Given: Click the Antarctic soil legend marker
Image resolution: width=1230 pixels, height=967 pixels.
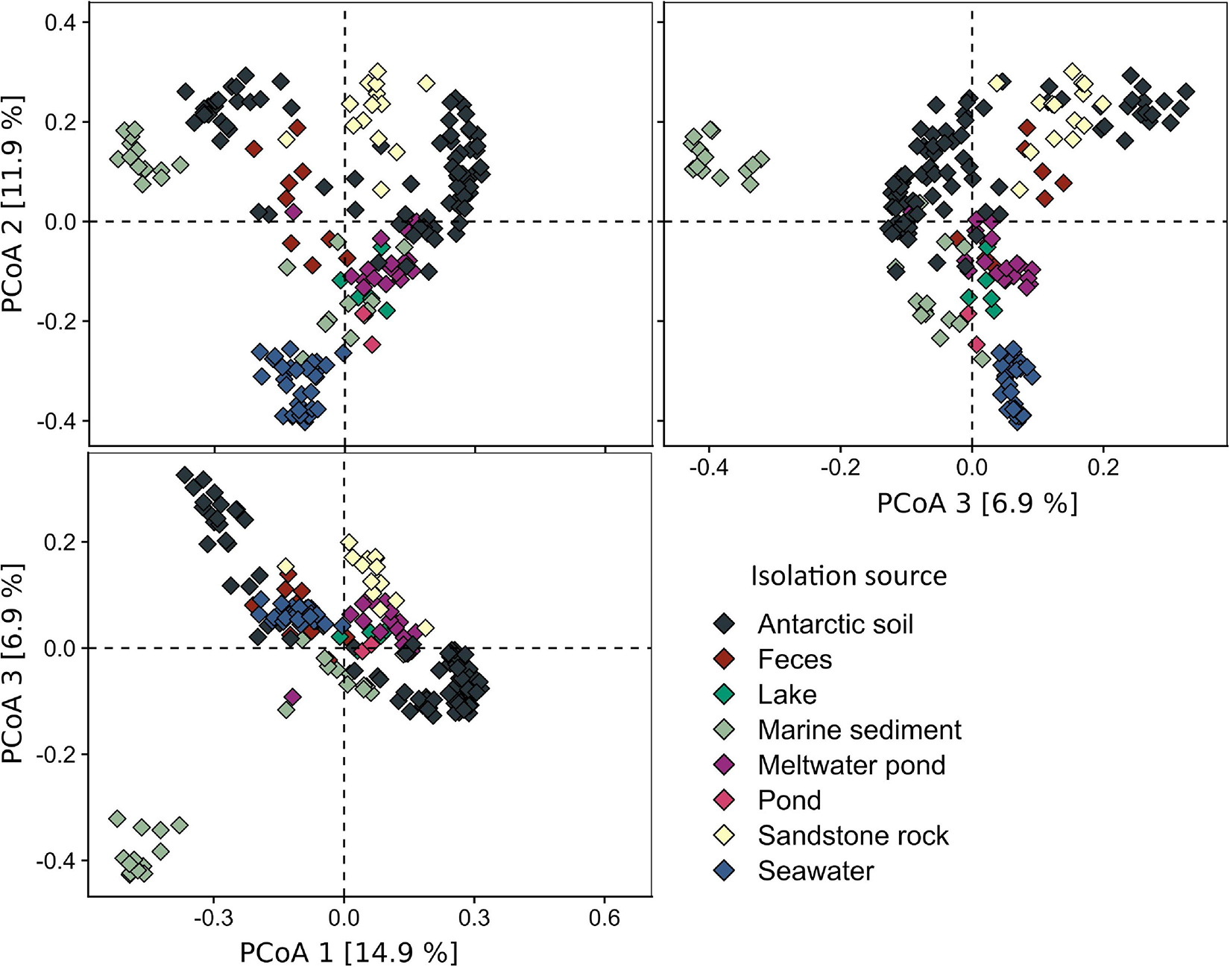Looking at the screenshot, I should point(724,624).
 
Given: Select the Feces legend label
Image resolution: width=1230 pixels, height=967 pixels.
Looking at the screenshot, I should point(795,659).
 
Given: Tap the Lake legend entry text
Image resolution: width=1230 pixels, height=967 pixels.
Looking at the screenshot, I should point(787,694).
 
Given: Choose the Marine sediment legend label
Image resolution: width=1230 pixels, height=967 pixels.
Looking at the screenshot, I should point(860,729).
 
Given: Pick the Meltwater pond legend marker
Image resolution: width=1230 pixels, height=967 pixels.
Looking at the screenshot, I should point(724,764).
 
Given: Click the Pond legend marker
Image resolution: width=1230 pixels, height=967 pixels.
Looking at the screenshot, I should point(724,800).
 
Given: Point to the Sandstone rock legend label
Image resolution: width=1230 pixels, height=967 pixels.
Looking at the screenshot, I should point(853,835).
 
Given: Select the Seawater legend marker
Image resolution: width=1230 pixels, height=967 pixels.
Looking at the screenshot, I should point(724,870).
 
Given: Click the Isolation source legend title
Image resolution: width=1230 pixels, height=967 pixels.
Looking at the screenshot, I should point(848,576).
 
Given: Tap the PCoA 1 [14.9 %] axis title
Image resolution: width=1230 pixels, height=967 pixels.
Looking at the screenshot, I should point(348,952).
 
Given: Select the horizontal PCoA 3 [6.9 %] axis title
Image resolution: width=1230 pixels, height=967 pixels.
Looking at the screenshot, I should point(977,504).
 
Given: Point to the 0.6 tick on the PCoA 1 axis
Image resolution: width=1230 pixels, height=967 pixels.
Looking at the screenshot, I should point(604,917).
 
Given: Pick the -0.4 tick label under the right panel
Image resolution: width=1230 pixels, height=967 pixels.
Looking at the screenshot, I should point(708,469).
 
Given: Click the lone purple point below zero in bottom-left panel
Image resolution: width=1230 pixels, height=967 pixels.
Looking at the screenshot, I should point(292,697).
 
